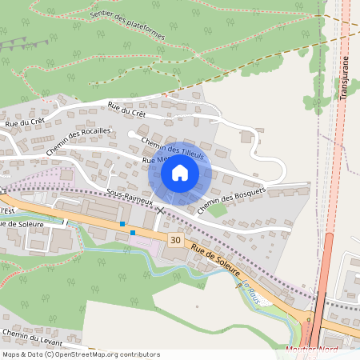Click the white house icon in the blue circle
[179, 172]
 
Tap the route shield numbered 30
[175, 239]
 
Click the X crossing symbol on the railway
[162, 210]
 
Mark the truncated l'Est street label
[8, 210]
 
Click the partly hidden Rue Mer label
[152, 160]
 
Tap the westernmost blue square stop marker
[122, 225]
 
